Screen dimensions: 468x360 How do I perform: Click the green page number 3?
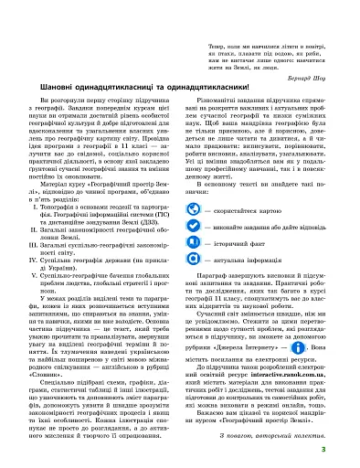point(349,451)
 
